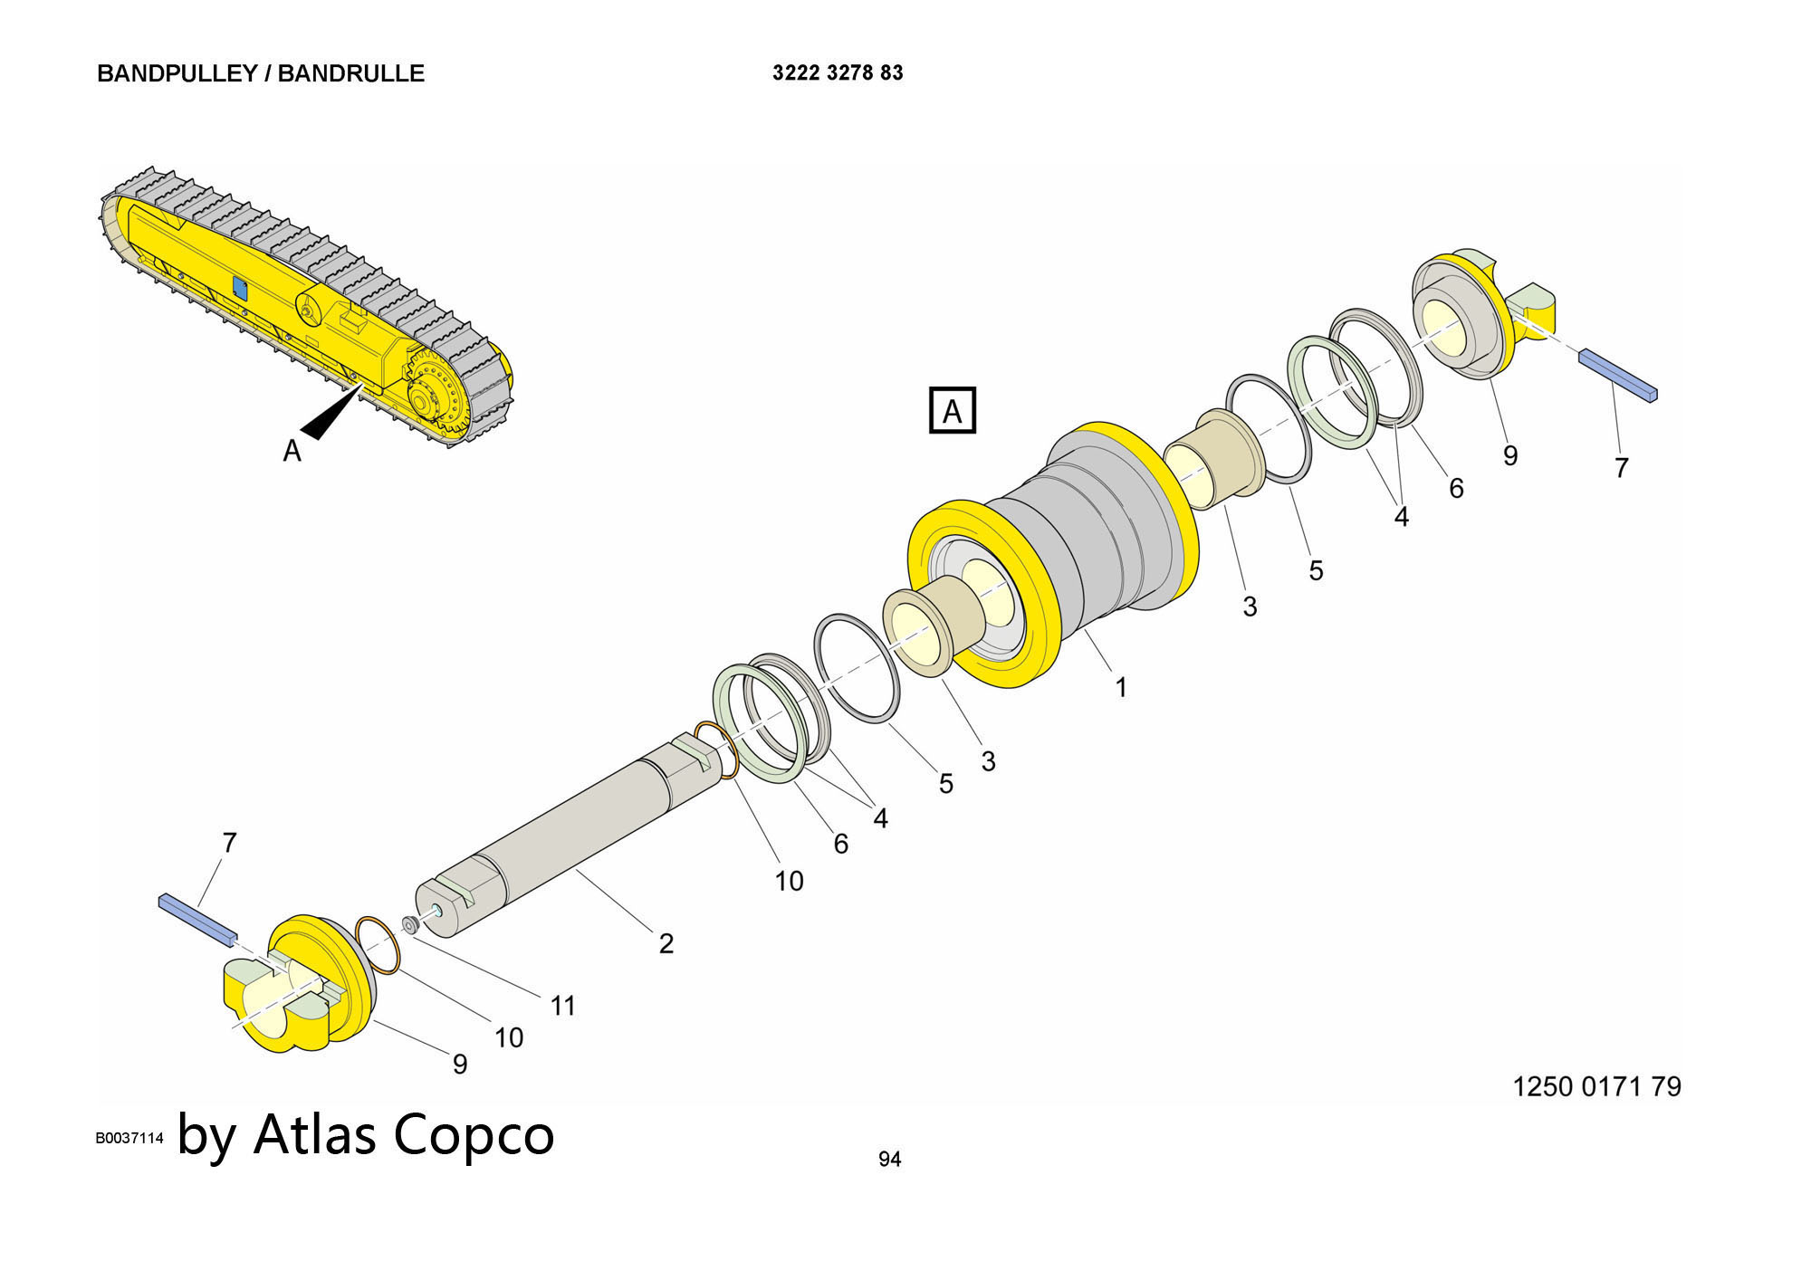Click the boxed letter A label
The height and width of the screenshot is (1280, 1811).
(952, 411)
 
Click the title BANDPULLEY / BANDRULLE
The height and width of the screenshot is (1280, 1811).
(261, 73)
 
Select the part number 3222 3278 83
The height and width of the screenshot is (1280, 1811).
(838, 72)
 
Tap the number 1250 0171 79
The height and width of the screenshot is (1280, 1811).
(1596, 1086)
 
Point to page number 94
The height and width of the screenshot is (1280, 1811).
(889, 1159)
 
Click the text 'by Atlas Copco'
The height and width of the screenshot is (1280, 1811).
(366, 1134)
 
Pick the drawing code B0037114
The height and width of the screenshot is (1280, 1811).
(129, 1138)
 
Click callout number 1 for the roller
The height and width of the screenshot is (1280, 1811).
(1121, 688)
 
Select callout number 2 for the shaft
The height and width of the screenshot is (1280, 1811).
(666, 943)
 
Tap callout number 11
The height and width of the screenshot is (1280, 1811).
(563, 1006)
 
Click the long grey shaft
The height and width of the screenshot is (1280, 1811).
(561, 833)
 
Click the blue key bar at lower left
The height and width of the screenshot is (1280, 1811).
(197, 919)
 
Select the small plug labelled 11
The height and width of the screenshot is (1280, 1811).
(409, 924)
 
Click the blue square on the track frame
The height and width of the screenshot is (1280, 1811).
(240, 288)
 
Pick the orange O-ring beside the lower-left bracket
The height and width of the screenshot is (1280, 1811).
(378, 945)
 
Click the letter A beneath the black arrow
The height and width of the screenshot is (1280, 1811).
(292, 451)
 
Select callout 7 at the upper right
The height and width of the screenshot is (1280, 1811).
(1622, 468)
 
